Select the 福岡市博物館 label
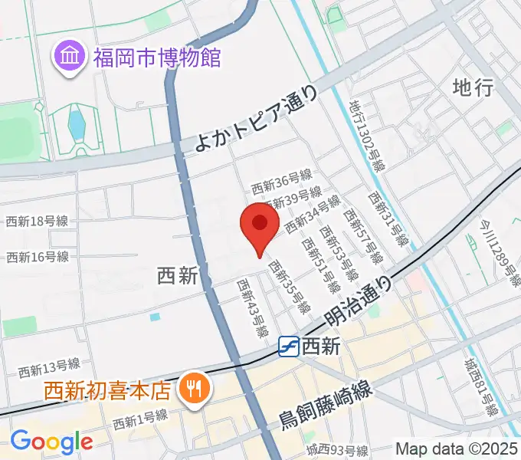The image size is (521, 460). tap(157, 58)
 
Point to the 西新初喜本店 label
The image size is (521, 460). tap(106, 391)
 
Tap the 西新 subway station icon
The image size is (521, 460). tap(289, 347)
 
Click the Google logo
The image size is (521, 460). tap(51, 442)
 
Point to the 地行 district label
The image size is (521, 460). tap(472, 87)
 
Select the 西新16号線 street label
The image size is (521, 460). tap(37, 257)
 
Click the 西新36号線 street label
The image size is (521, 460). tap(281, 184)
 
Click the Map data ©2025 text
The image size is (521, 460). tap(457, 449)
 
